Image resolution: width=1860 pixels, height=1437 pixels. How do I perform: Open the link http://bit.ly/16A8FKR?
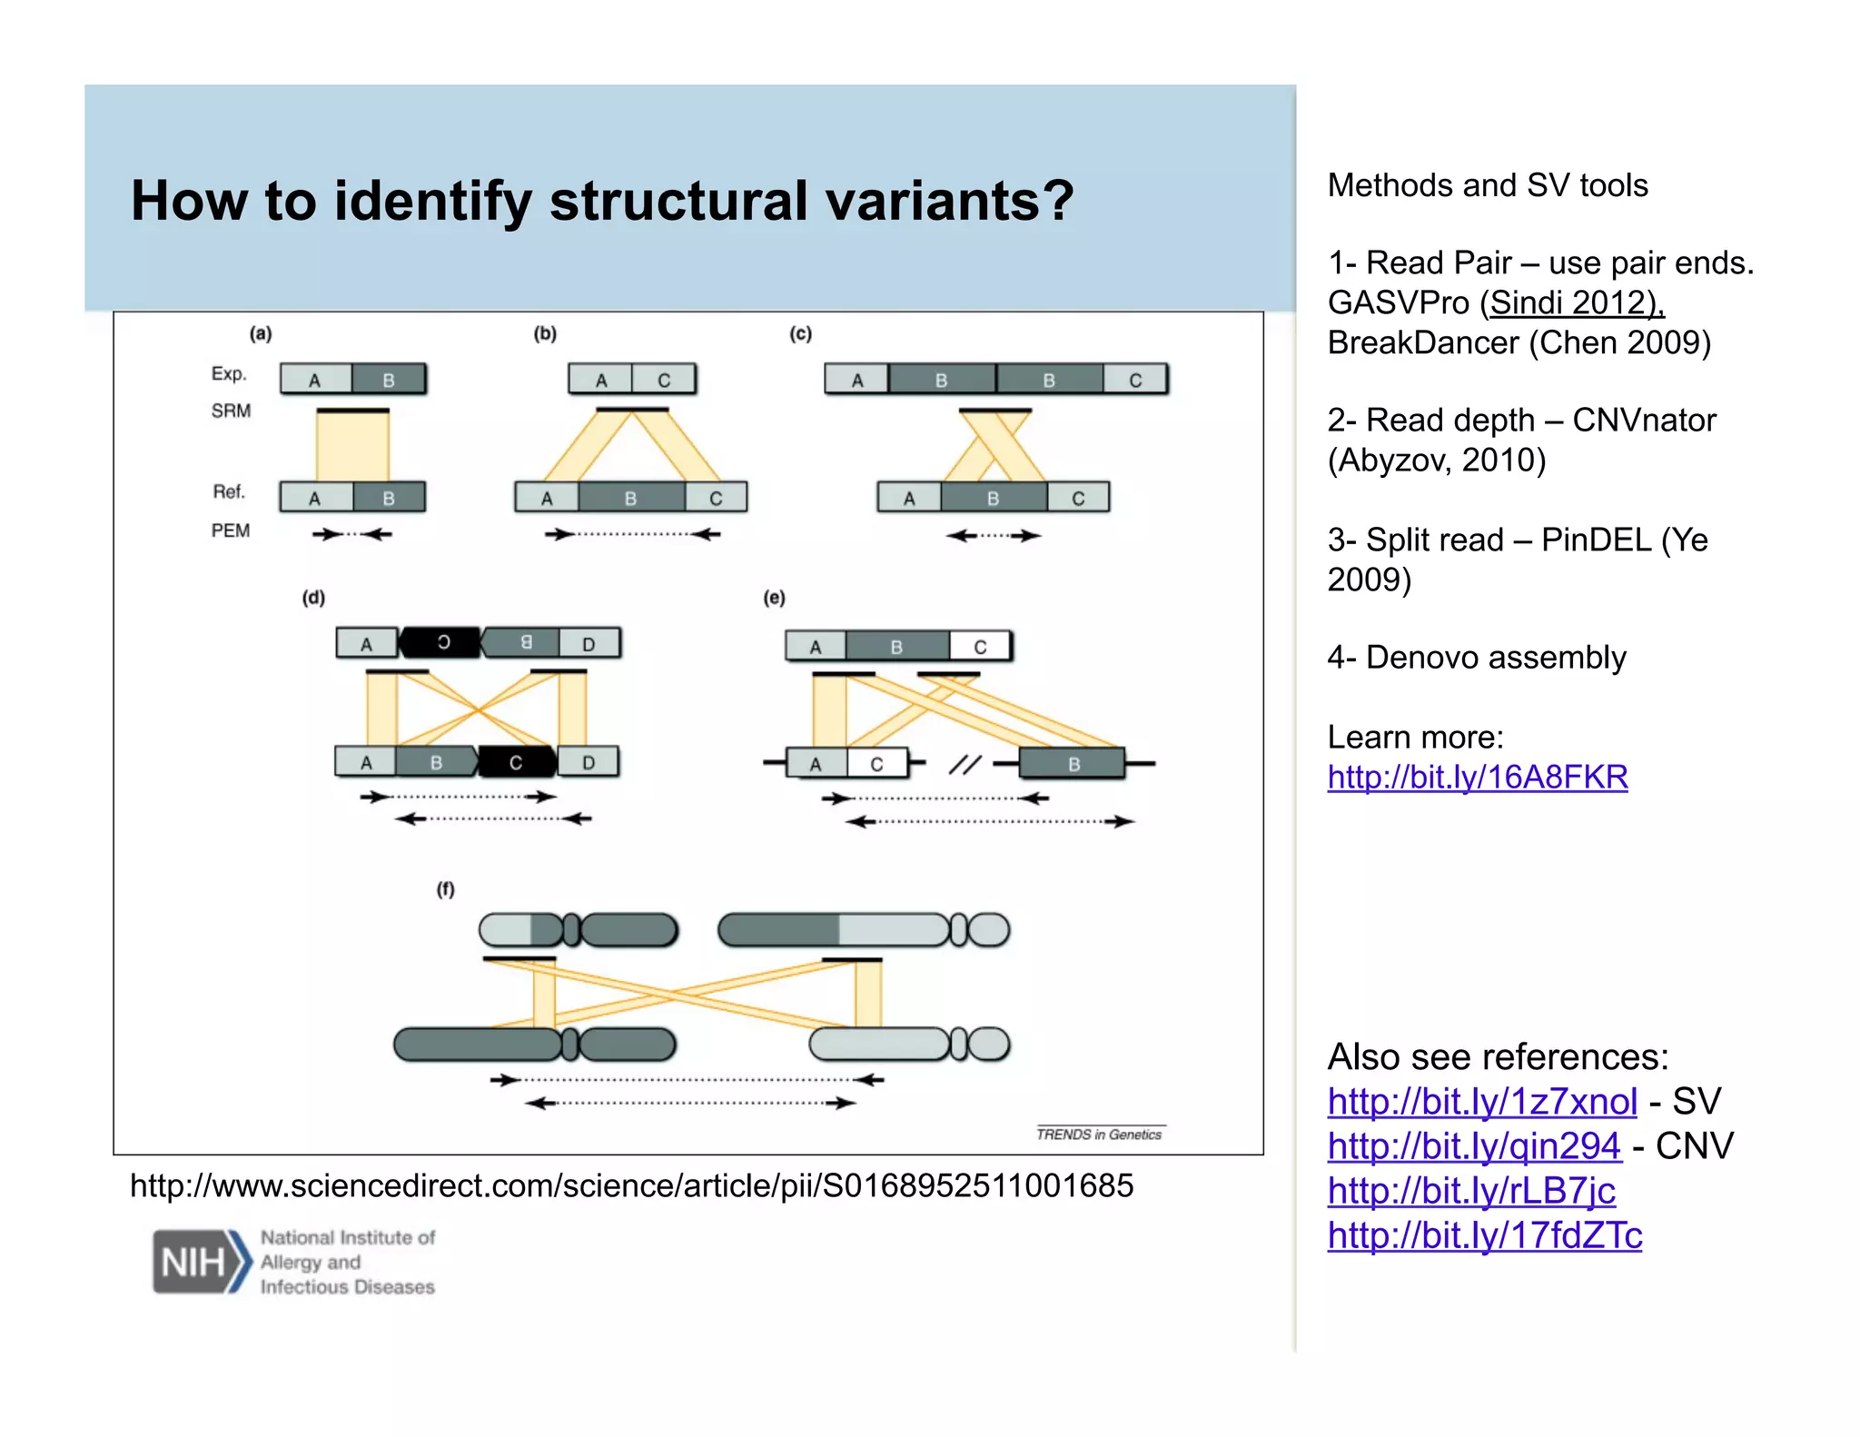1477,778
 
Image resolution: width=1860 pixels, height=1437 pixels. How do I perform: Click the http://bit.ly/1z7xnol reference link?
1481,1102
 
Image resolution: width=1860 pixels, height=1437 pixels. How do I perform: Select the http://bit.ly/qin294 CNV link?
1473,1146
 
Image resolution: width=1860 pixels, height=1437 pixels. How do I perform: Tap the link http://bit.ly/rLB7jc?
1471,1191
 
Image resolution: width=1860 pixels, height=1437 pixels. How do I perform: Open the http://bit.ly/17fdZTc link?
1484,1235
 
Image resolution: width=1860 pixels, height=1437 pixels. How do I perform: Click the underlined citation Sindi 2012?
1575,302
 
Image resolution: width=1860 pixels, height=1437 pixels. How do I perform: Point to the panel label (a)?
261,333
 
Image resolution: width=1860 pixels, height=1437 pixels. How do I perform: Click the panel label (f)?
445,889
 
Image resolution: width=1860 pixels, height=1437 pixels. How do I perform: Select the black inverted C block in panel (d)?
442,642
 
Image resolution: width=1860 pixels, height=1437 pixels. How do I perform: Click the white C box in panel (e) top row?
980,647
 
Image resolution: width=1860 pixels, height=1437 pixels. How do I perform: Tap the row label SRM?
231,411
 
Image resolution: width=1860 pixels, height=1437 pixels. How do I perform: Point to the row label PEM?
231,530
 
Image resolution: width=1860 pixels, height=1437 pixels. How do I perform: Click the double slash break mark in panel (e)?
965,765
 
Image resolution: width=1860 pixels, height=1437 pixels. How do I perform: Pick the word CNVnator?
1644,421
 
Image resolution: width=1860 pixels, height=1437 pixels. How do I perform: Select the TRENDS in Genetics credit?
1099,1134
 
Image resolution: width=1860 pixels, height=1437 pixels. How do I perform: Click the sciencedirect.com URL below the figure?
631,1185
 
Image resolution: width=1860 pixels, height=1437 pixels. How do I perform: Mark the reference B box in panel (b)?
630,498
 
